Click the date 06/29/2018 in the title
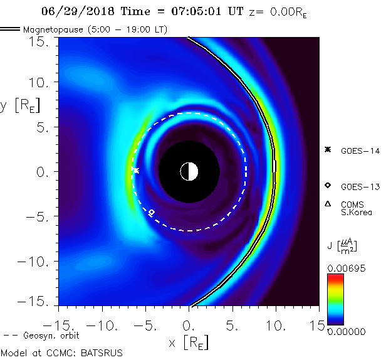pyautogui.click(x=72, y=11)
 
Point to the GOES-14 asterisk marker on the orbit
pyautogui.click(x=135, y=170)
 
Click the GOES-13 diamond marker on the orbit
pyautogui.click(x=151, y=213)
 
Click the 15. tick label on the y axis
pyautogui.click(x=41, y=41)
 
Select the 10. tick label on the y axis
pyautogui.click(x=41, y=82)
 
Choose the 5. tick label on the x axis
pyautogui.click(x=232, y=326)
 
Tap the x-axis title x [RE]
pyautogui.click(x=188, y=342)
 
